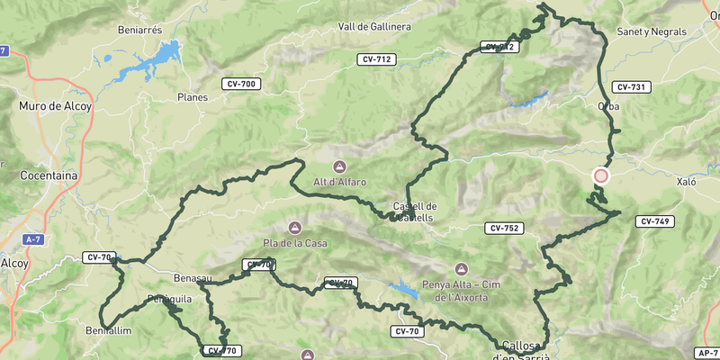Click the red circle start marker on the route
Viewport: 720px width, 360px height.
click(x=601, y=176)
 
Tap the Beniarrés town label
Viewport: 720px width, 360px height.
click(x=139, y=29)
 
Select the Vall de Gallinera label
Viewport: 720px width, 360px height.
click(x=374, y=27)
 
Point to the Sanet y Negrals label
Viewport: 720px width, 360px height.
click(x=652, y=31)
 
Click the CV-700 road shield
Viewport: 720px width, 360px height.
click(x=240, y=84)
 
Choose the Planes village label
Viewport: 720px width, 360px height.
click(x=193, y=97)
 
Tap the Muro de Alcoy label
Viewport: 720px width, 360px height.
click(x=51, y=106)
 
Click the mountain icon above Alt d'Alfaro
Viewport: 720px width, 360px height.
click(x=339, y=166)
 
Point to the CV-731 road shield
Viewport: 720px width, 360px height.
click(x=630, y=87)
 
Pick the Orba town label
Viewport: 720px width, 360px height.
click(x=608, y=106)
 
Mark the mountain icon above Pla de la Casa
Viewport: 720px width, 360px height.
click(x=294, y=227)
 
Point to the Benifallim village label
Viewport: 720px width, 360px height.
click(x=111, y=331)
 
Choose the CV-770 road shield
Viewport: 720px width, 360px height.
click(x=220, y=351)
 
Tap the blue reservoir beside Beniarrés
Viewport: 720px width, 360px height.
click(x=153, y=59)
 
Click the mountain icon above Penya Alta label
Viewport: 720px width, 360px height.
click(x=462, y=269)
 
